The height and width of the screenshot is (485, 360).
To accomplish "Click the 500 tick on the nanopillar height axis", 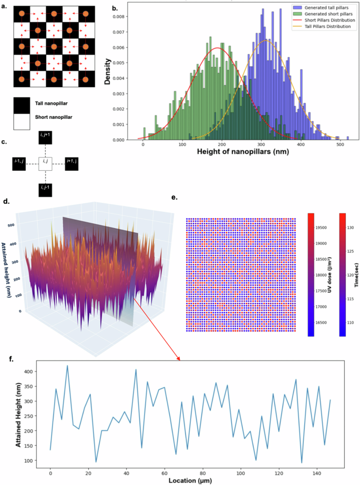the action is click(340, 144).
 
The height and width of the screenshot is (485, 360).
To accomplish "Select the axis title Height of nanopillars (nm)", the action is click(243, 151).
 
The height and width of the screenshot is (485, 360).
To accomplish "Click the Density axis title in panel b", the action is click(107, 71).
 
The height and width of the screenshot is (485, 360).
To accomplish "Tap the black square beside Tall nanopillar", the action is click(22, 106).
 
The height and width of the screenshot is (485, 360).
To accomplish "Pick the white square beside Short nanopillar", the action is click(22, 121).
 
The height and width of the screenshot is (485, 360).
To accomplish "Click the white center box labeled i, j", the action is click(45, 163).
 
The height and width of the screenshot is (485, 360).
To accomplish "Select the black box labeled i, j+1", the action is click(45, 137).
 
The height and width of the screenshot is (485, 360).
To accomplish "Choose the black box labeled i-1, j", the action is click(19, 163).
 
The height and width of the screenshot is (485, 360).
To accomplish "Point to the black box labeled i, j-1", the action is click(45, 190).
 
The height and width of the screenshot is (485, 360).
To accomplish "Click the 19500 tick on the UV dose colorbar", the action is click(321, 228).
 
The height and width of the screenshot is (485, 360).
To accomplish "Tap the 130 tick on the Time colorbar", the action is click(350, 228).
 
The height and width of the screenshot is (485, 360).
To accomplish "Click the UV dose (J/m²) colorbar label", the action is click(330, 275).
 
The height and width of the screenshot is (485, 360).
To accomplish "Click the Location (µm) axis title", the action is click(190, 480).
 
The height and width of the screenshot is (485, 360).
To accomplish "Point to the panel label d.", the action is click(6, 202).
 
